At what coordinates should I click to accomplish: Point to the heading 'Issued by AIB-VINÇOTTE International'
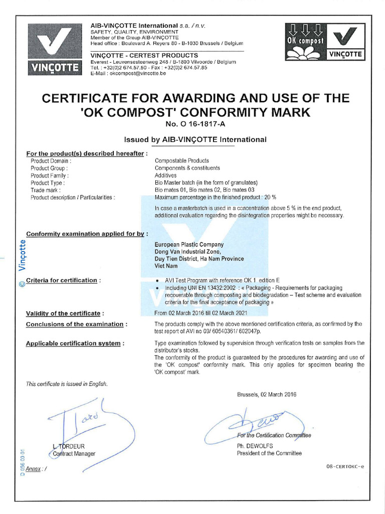point(195,140)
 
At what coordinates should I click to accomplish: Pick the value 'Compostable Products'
point(182,161)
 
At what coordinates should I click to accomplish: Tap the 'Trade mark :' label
point(46,190)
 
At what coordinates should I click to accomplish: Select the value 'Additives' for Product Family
point(165,176)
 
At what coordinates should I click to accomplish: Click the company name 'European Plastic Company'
point(189,245)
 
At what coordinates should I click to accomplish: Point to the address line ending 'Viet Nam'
point(167,266)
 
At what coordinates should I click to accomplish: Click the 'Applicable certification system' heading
point(73,343)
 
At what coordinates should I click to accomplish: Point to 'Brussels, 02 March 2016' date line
point(267,395)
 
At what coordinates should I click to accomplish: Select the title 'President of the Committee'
point(269,453)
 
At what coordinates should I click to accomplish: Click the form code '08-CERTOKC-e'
point(345,466)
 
